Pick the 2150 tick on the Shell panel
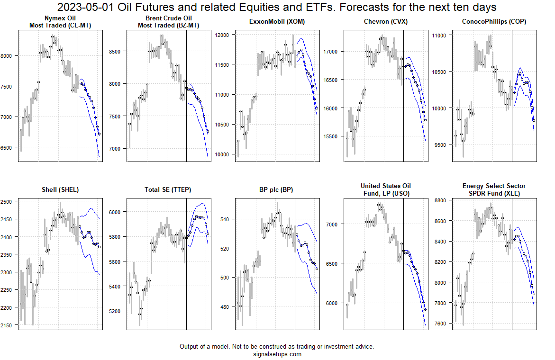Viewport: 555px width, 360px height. (9, 325)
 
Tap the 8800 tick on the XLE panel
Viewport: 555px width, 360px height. (442, 201)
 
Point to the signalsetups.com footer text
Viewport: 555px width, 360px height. (277, 354)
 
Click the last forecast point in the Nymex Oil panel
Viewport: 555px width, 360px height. (99, 134)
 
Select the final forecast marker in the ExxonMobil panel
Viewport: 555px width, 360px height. (317, 108)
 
